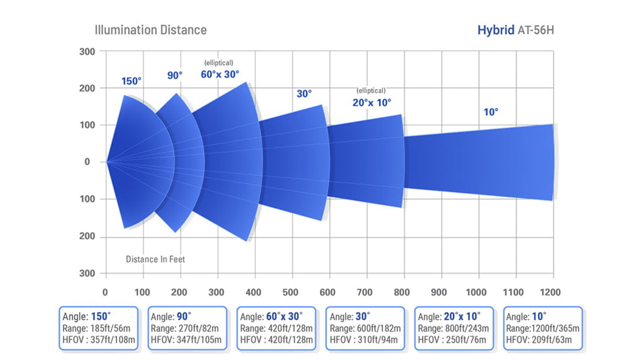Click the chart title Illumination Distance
point(151,30)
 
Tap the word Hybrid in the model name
point(496,30)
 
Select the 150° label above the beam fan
point(131,81)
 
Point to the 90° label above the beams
point(175,75)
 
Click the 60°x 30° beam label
point(220,74)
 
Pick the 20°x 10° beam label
point(371,102)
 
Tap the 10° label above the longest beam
point(491,112)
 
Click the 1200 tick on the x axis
point(552,292)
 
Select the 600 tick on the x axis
point(329,292)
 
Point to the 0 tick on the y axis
point(87,162)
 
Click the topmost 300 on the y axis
point(87,52)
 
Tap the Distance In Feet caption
point(155,259)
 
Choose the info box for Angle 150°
point(98,327)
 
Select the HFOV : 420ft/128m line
point(276,340)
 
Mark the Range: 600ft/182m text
point(364,328)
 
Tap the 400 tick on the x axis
point(254,292)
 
